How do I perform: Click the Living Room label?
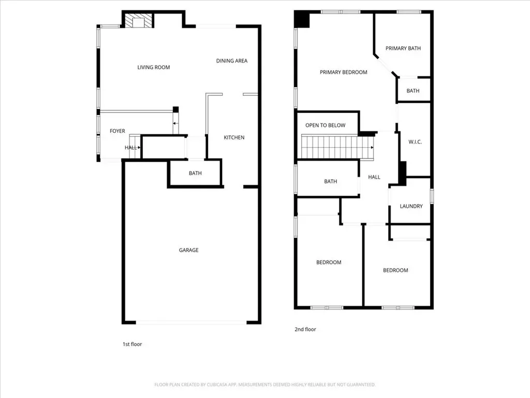(153, 67)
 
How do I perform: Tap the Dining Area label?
(232, 61)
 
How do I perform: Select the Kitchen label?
(234, 137)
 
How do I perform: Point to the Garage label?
(188, 250)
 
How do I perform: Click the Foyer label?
(117, 131)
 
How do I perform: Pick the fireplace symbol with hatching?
(138, 20)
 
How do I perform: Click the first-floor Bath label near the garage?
(195, 173)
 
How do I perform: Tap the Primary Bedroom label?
(344, 72)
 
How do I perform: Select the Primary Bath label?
(403, 48)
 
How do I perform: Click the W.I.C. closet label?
(415, 142)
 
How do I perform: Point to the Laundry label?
(411, 206)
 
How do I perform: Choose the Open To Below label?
(326, 125)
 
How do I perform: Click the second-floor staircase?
(337, 147)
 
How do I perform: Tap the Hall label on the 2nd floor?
(374, 177)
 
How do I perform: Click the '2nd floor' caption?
(305, 329)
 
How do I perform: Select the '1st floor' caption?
(132, 344)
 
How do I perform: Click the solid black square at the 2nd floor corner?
(302, 19)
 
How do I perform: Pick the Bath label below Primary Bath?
(413, 91)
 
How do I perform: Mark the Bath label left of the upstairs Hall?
(331, 181)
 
